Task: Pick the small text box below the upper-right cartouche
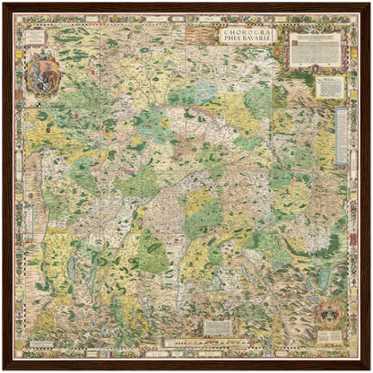(x=330, y=87)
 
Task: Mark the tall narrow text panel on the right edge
(x=342, y=136)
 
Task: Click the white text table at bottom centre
(x=217, y=327)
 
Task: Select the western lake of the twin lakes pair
(x=72, y=267)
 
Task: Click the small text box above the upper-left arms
(x=36, y=37)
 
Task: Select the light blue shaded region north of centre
(x=203, y=92)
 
